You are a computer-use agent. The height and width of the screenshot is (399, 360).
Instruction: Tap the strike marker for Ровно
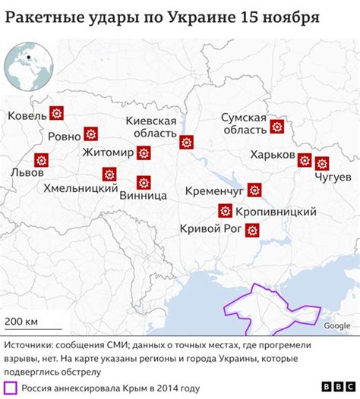[91, 134]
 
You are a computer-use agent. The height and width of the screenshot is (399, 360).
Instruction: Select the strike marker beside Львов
[41, 159]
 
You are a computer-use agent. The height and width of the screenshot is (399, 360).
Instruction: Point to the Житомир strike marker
[144, 153]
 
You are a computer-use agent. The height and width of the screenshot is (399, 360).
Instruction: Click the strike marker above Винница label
[144, 181]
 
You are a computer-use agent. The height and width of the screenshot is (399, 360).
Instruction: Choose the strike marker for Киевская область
[186, 141]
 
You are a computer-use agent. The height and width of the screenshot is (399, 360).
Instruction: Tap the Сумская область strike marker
[277, 126]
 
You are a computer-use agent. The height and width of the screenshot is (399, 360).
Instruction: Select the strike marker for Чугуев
[322, 162]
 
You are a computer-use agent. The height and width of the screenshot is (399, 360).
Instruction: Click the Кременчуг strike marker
[255, 189]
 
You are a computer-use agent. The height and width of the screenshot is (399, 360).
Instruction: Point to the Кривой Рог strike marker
[252, 229]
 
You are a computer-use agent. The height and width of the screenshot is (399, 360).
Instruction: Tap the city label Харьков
[272, 155]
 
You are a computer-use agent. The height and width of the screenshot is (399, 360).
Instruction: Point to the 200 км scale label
[21, 321]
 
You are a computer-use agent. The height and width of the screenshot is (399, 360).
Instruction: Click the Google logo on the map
[336, 325]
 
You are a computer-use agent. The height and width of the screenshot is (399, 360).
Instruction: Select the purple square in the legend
[10, 388]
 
